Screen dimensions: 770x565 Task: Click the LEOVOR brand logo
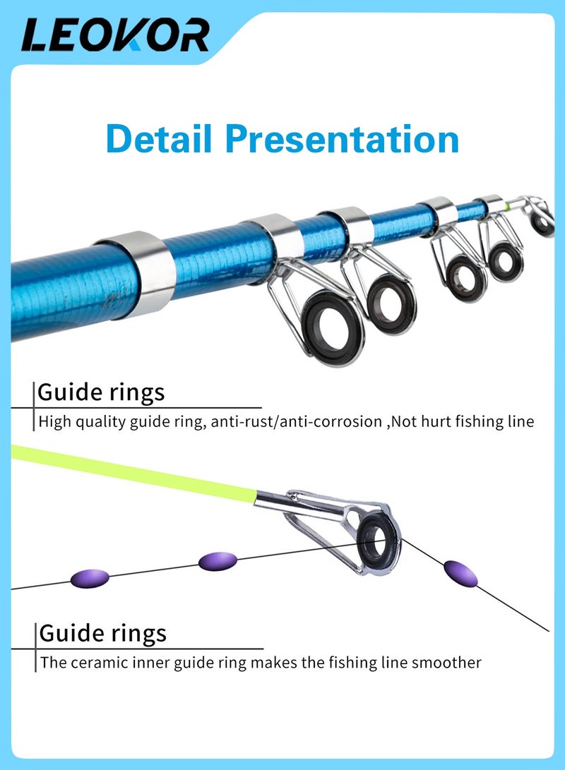(x=115, y=35)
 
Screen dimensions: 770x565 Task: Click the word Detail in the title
(x=159, y=138)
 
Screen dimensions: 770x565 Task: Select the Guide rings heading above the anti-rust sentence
(x=101, y=392)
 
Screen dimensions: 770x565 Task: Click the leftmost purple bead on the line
(x=90, y=579)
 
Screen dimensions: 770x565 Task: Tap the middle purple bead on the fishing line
(x=218, y=562)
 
